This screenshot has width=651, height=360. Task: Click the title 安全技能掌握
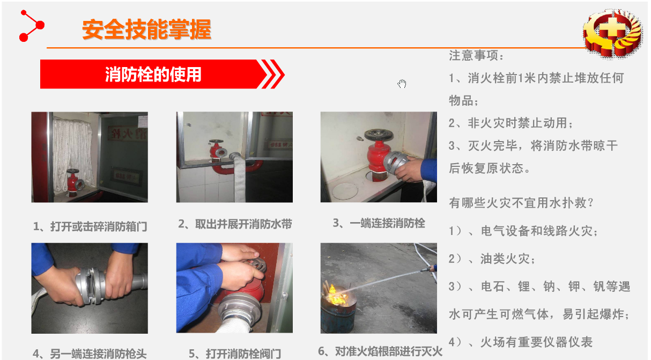pos(146,30)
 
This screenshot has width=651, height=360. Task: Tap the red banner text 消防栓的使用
pos(153,75)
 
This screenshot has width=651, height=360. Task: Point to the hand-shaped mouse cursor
pos(402,84)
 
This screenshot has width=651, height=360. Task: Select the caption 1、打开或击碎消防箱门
pos(90,226)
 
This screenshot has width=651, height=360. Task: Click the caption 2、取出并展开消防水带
pos(235,224)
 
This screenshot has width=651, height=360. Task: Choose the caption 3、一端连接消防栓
pos(379,223)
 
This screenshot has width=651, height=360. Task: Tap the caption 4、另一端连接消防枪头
pos(90,354)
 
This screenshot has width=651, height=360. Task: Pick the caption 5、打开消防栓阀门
pos(235,354)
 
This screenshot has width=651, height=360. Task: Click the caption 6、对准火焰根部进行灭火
pos(380,351)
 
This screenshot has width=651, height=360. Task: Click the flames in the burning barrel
pos(337,295)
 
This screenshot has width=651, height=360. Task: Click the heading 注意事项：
pos(477,55)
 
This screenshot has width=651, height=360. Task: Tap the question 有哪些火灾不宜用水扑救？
pos(521,203)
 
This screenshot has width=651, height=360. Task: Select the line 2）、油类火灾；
pos(492,259)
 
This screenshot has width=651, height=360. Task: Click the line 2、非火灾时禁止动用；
pos(511,123)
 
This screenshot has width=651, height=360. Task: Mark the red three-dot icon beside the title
pos(32,26)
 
